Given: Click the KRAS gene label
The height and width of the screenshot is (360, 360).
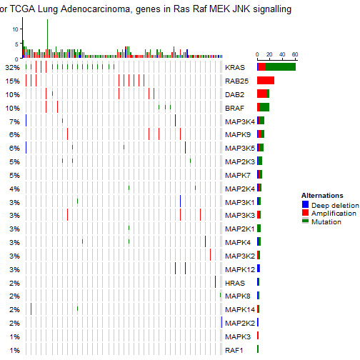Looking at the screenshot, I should pos(234,67).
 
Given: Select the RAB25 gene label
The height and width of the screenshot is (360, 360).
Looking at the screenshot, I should pos(236,81).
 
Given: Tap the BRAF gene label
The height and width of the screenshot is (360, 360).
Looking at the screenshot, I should pos(234,108).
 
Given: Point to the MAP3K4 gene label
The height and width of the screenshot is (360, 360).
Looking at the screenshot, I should pos(239,121).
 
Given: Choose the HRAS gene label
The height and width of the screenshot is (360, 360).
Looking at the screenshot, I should pos(234,283).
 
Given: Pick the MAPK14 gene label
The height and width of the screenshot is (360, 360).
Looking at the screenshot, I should pos(239,310).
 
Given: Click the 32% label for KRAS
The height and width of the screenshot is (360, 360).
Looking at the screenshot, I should pos(12,67).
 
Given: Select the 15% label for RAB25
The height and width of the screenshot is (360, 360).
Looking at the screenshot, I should pos(12,81).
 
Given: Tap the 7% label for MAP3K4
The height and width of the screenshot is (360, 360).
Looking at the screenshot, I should pos(14,121).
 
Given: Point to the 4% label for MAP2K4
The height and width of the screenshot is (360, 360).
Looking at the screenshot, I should pos(14,189).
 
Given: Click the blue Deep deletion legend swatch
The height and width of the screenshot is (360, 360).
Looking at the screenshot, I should pos(306,205).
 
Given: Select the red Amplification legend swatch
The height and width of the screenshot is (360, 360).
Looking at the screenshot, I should pos(306,213).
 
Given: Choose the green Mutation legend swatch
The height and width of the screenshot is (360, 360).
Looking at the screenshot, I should pos(306,221).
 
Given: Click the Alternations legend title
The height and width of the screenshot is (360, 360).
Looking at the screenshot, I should pos(322,195).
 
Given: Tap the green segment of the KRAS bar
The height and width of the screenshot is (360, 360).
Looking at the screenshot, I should pos(281,67).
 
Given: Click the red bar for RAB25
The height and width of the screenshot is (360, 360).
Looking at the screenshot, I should pos(266,81).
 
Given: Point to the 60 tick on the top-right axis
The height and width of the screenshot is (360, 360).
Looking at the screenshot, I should pos(294,54).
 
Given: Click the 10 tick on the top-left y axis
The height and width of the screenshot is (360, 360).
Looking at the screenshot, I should pos(16,29).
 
